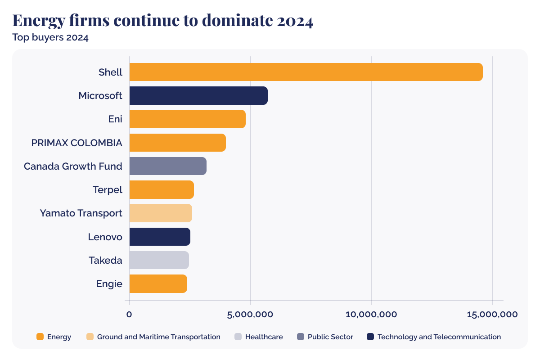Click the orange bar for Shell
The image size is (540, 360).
tap(306, 72)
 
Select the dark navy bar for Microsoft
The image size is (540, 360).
tap(198, 96)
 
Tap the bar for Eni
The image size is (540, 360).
tap(187, 119)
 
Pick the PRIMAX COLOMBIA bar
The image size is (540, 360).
tap(177, 143)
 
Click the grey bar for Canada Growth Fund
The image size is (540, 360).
tap(168, 166)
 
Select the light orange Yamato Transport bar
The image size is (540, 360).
tap(161, 213)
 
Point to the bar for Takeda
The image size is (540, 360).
tap(159, 260)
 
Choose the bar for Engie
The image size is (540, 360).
tap(158, 283)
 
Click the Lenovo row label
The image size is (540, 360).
tap(105, 237)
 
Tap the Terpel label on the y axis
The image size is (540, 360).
tap(107, 189)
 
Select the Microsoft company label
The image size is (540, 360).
tap(100, 96)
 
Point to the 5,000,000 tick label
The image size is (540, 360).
tap(250, 314)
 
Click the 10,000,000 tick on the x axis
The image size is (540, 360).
tap(371, 314)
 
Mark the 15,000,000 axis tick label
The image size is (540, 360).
tap(492, 314)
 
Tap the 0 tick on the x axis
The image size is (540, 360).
tap(129, 314)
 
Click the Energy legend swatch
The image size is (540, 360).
tap(40, 337)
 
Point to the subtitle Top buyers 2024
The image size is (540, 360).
tap(50, 37)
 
